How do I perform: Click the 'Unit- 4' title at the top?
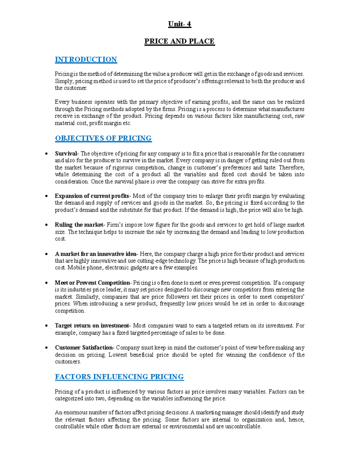[179, 24]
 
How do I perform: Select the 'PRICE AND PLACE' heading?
[179, 41]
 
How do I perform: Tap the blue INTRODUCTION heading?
[86, 59]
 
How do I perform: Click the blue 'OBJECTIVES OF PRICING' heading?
[103, 138]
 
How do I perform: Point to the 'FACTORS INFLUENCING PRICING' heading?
[119, 377]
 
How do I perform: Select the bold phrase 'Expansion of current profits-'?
[93, 196]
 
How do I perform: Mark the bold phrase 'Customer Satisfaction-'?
[84, 347]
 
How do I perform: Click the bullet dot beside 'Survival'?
[46, 154]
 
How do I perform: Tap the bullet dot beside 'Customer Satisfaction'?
[46, 348]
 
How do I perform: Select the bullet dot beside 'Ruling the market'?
[46, 225]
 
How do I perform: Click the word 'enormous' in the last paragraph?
[75, 413]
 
